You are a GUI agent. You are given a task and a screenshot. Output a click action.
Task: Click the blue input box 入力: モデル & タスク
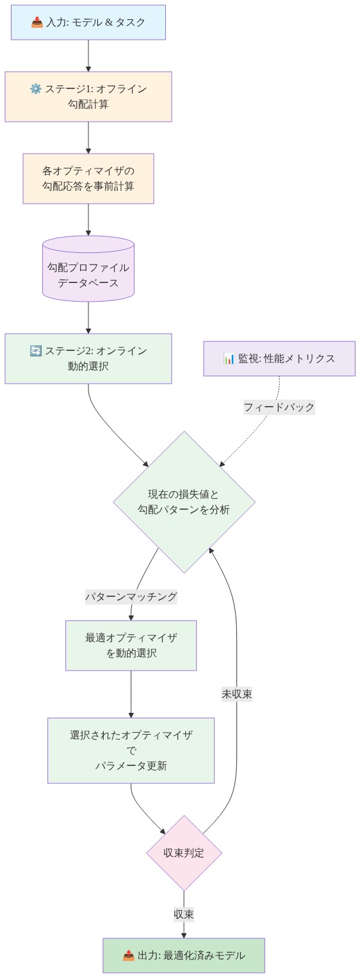88,22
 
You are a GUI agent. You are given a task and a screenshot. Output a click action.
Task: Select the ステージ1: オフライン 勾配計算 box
88,96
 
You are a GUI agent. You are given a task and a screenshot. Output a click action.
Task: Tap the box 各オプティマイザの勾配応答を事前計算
88,179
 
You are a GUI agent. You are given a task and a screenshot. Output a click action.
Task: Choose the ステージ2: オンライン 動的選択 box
88,358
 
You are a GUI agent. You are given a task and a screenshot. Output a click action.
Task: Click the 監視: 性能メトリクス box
279,358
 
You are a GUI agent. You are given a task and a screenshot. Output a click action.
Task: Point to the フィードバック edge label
279,407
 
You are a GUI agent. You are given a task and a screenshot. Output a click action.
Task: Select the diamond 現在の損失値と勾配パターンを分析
184,501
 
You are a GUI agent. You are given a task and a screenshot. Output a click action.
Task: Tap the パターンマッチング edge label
131,596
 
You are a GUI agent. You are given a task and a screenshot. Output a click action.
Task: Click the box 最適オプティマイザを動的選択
131,645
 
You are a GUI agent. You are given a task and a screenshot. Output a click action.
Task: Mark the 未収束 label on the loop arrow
237,694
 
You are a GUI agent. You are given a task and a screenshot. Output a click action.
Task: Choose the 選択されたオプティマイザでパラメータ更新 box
131,750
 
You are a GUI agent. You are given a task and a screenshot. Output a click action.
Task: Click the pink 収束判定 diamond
184,852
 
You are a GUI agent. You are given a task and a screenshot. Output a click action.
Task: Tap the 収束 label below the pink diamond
184,914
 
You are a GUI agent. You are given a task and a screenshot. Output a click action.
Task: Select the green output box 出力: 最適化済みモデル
184,956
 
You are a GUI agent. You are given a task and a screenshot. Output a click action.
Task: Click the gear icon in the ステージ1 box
36,88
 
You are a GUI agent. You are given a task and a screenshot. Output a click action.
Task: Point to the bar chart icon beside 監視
229,358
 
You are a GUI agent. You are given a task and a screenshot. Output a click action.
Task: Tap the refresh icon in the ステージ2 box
36,350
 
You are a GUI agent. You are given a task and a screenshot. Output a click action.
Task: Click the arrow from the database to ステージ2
88,317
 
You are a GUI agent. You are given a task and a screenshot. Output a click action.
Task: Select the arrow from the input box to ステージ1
88,56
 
